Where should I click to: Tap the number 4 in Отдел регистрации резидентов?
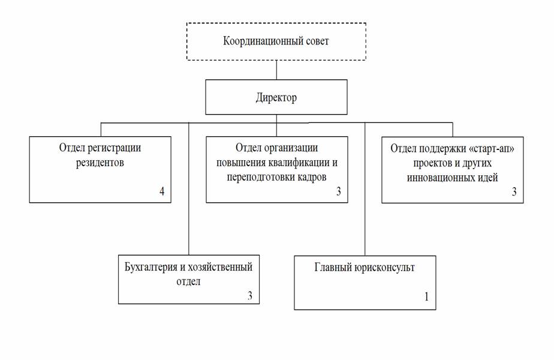coord(162,191)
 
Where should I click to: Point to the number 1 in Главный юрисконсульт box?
coord(426,296)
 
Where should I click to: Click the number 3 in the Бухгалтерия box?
coord(250,296)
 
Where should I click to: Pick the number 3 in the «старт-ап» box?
coord(514,191)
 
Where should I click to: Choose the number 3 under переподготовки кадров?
coord(339,191)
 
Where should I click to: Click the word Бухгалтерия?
coord(150,267)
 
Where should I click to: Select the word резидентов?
coord(100,163)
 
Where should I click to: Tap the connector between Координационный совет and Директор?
coord(276,70)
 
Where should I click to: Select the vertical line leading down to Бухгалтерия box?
coord(189,189)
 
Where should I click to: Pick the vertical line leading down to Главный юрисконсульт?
coord(365,189)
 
